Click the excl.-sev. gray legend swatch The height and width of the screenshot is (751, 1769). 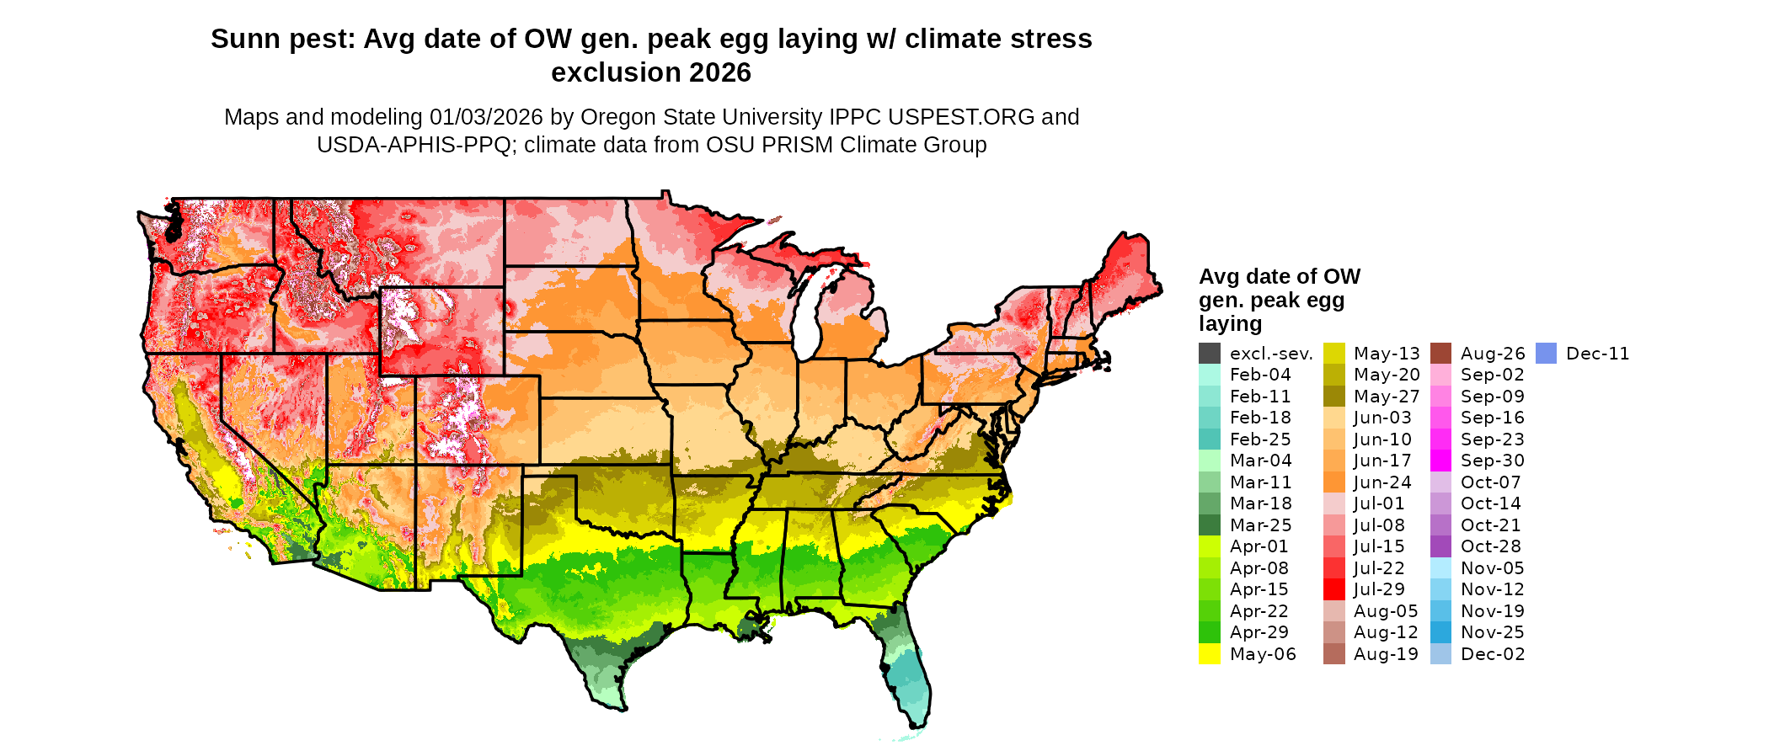click(x=1210, y=354)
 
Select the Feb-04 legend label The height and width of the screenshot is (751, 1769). click(x=1260, y=375)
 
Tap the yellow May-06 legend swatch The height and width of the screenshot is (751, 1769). click(x=1210, y=654)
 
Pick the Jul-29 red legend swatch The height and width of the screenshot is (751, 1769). click(x=1334, y=589)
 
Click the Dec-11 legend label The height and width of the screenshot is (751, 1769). click(x=1597, y=354)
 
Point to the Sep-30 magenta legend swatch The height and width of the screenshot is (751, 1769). click(x=1441, y=461)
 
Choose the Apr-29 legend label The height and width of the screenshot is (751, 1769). click(x=1259, y=632)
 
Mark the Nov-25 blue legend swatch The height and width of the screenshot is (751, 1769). click(x=1441, y=632)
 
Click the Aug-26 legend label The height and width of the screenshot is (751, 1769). click(x=1493, y=354)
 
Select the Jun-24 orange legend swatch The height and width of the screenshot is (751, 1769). click(x=1334, y=482)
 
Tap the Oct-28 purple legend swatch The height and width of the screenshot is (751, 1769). click(x=1441, y=546)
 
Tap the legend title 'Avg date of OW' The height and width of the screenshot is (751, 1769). click(x=1279, y=277)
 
